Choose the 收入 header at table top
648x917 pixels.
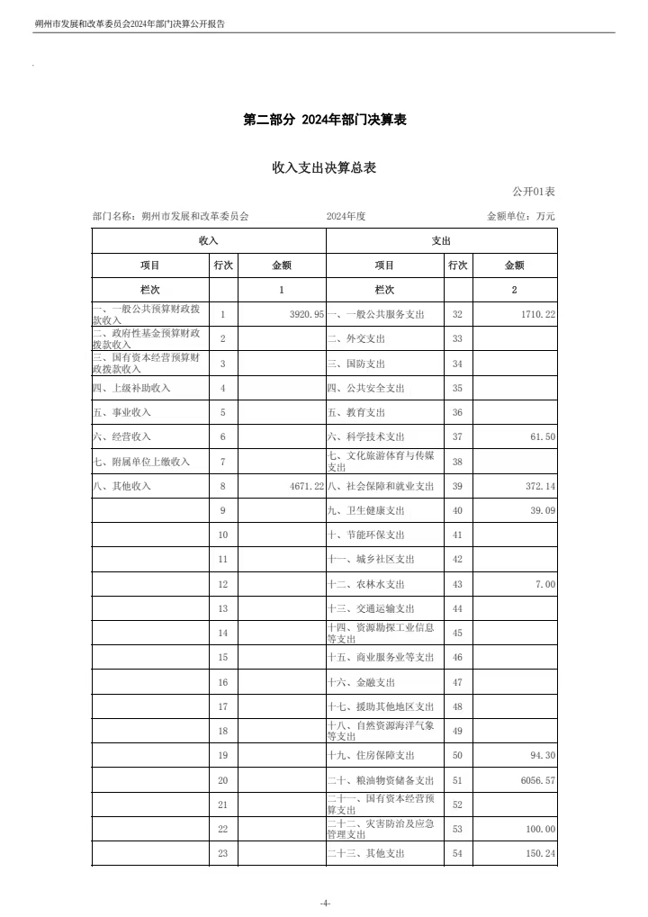(x=208, y=241)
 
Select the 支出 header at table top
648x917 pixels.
(x=441, y=241)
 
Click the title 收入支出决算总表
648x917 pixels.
(x=324, y=167)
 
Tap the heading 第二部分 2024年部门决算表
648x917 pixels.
(x=324, y=120)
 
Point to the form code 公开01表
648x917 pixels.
(x=534, y=192)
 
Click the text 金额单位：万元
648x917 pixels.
(x=521, y=217)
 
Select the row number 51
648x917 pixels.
(x=457, y=780)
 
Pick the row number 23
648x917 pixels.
(x=223, y=854)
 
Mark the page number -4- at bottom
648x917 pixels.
(x=324, y=903)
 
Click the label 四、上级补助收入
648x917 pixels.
(x=131, y=388)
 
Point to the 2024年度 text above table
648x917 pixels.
(x=346, y=217)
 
